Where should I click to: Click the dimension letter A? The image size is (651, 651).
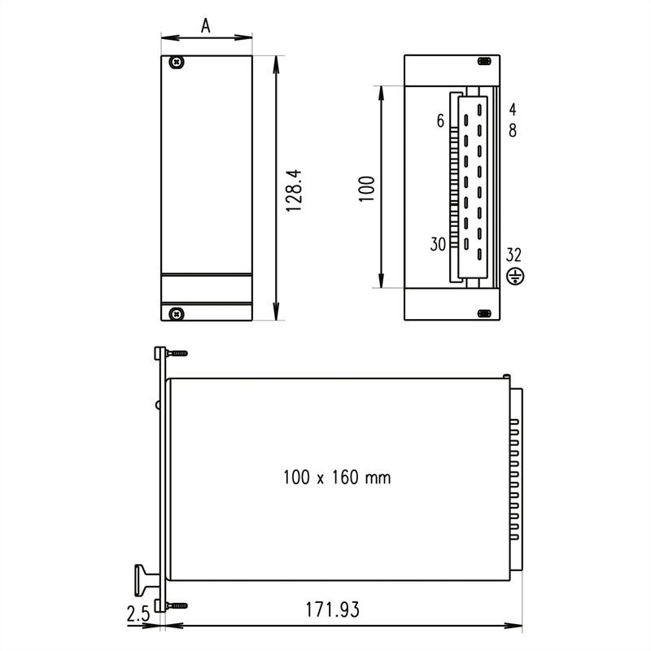[206, 26]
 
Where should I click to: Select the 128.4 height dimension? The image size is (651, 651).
[295, 191]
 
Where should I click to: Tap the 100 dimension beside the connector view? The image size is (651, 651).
[365, 188]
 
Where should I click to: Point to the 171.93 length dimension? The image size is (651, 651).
[332, 609]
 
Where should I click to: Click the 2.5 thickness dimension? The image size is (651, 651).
[139, 613]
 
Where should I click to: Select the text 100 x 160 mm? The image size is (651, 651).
[337, 478]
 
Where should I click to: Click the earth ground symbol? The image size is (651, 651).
[513, 277]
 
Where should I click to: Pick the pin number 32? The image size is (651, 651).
[513, 254]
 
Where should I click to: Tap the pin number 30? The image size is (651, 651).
[437, 244]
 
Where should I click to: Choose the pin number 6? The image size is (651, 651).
[440, 121]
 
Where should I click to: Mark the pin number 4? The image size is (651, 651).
[513, 108]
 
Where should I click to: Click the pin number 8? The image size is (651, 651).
[513, 129]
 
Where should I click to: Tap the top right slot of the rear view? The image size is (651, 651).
[484, 62]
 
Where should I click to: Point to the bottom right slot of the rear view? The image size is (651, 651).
[484, 313]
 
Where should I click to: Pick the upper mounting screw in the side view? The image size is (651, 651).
[177, 353]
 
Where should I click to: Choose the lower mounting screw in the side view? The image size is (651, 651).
[177, 605]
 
